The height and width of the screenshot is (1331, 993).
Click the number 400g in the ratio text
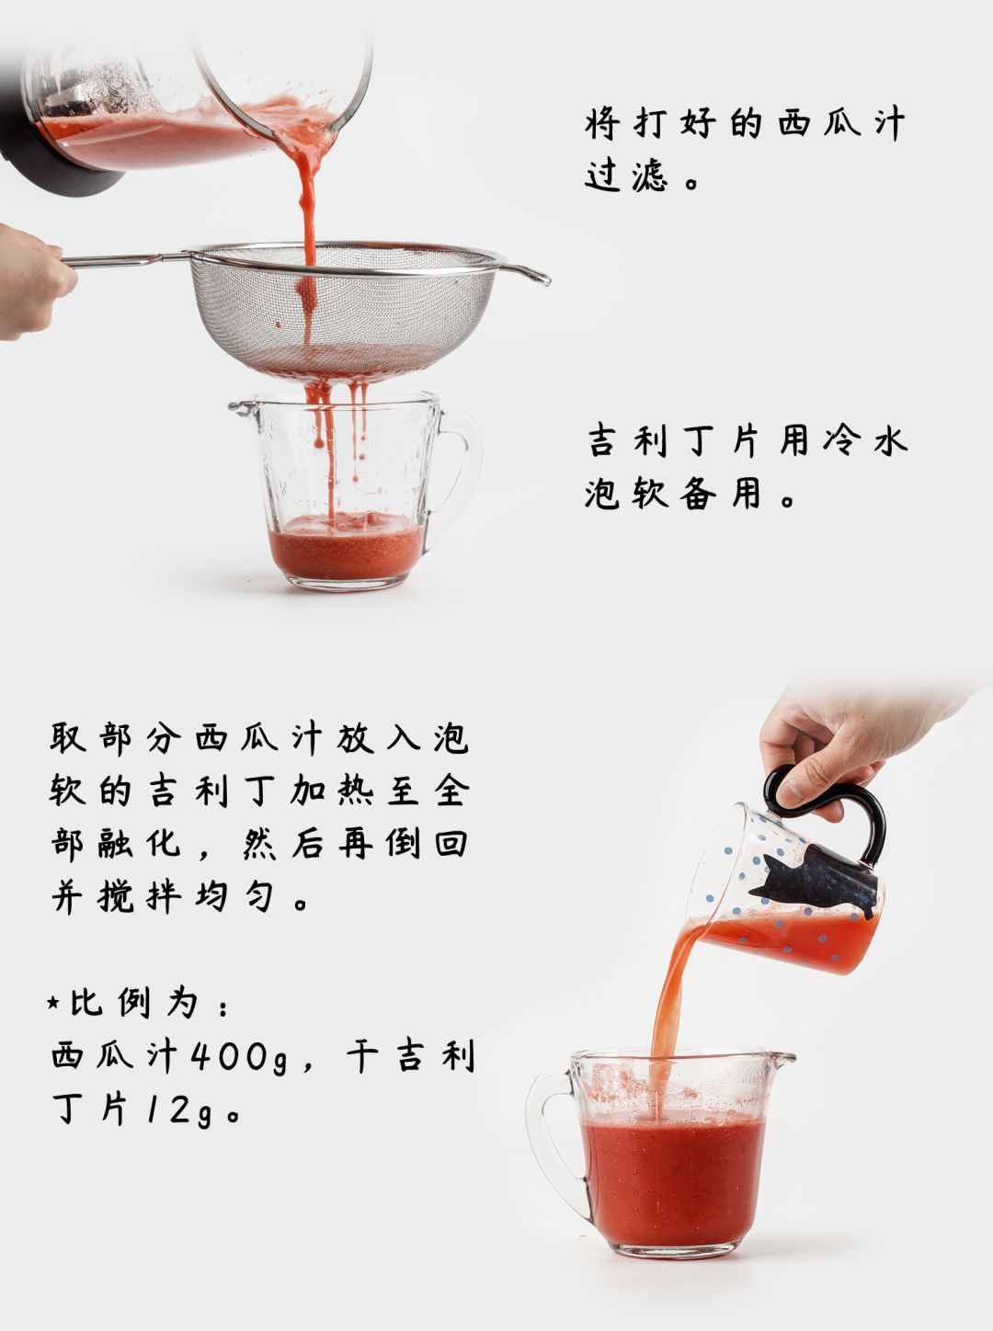(x=237, y=1057)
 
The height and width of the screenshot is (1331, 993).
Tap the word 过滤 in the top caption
(x=625, y=176)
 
